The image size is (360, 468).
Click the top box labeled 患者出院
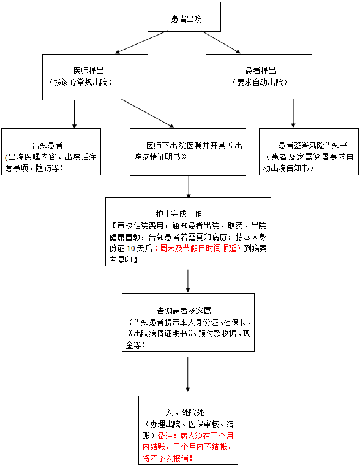[184, 17]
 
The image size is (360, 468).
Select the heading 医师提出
[89, 70]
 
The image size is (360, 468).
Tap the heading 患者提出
[261, 70]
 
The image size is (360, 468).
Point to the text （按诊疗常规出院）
[81, 82]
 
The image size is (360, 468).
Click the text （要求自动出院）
[260, 82]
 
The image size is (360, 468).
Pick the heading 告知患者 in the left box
[47, 145]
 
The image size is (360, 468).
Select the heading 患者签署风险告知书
[313, 145]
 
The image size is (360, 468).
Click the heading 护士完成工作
[179, 214]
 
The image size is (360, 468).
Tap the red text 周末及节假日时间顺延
[198, 248]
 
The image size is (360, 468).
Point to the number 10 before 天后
[131, 249]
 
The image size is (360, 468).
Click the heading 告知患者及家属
[184, 311]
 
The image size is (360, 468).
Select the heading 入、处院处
[185, 412]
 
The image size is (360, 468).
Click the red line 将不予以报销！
[167, 458]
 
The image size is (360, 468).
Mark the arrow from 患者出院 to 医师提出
[141, 42]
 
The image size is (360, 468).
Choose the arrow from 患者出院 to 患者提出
[220, 42]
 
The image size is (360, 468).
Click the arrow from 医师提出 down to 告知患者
[74, 115]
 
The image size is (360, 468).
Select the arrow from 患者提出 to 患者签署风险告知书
[293, 114]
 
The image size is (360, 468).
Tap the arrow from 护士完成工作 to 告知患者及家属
[187, 281]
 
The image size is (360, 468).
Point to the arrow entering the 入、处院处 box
[187, 374]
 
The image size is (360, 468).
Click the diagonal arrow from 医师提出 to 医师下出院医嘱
[148, 113]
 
